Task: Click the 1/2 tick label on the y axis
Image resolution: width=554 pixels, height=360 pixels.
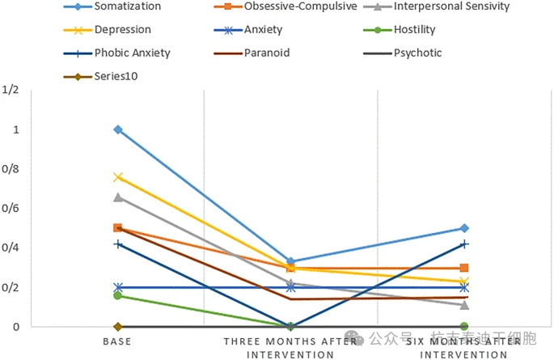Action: tap(11, 91)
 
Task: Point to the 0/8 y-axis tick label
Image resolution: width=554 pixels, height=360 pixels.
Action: tap(11, 170)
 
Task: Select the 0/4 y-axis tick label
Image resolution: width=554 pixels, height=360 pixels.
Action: tap(11, 248)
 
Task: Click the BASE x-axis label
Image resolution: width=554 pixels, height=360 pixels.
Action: tap(117, 342)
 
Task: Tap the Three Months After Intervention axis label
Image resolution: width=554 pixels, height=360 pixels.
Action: tap(290, 348)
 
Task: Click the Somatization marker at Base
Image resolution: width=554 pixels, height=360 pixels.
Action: tap(118, 129)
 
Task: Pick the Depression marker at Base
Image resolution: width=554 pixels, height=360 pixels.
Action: tap(118, 177)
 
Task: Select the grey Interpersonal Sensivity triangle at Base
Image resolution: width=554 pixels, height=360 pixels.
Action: tap(118, 197)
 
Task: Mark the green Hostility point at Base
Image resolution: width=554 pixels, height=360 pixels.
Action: tap(118, 295)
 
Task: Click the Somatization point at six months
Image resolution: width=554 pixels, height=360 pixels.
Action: tap(464, 228)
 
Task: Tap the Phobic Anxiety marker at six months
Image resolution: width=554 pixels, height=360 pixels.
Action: tap(464, 244)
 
